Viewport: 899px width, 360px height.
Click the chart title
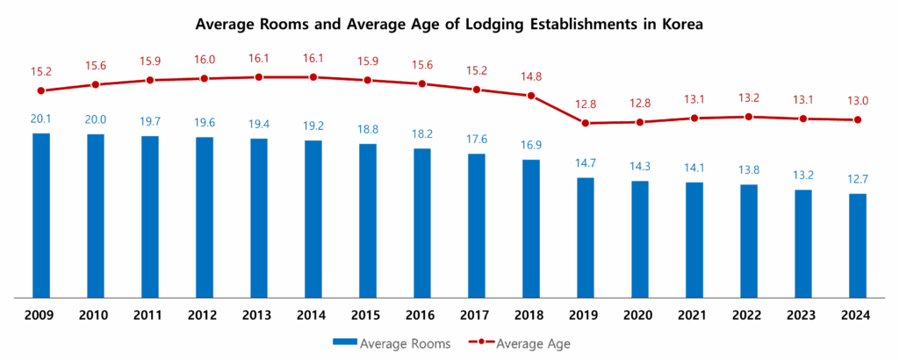pos(449,25)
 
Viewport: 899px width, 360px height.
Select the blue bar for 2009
pos(41,215)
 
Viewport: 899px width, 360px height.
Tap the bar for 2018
pos(531,228)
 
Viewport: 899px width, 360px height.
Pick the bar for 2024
pos(858,245)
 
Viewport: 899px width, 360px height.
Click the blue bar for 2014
pos(313,219)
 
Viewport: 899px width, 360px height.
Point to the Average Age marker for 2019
pos(586,122)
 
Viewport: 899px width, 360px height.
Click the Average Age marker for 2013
pos(259,77)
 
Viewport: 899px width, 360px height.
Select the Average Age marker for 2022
pos(749,116)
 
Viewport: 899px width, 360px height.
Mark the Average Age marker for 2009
pos(41,90)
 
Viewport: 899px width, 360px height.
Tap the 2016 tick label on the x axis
pos(422,315)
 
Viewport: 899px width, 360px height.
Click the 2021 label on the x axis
pos(694,315)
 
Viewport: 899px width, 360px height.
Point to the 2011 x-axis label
pos(150,315)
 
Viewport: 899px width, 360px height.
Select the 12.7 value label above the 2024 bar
pos(858,180)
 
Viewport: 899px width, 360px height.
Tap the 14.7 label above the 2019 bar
pos(586,163)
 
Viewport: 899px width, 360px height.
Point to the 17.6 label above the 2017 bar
pos(477,140)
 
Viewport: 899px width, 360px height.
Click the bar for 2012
pos(205,217)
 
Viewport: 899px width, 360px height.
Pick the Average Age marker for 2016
pos(422,84)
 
